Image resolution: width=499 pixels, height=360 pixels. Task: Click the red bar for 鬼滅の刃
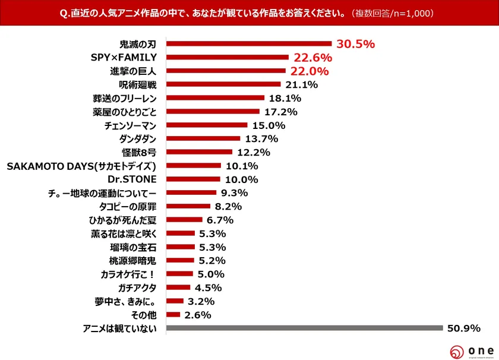click(x=249, y=43)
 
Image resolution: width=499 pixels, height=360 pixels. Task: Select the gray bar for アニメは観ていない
click(x=305, y=328)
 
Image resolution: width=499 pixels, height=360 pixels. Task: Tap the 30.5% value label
click(x=355, y=44)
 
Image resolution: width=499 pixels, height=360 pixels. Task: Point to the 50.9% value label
click(x=463, y=328)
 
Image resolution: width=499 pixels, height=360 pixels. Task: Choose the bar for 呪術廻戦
click(x=223, y=84)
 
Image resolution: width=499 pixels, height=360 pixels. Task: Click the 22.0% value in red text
click(x=309, y=71)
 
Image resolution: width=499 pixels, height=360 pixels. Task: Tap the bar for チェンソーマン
click(x=207, y=125)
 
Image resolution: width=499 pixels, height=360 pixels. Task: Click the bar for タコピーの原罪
click(x=188, y=206)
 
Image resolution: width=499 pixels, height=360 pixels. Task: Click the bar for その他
click(x=173, y=315)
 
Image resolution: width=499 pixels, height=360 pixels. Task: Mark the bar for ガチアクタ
click(x=178, y=288)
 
